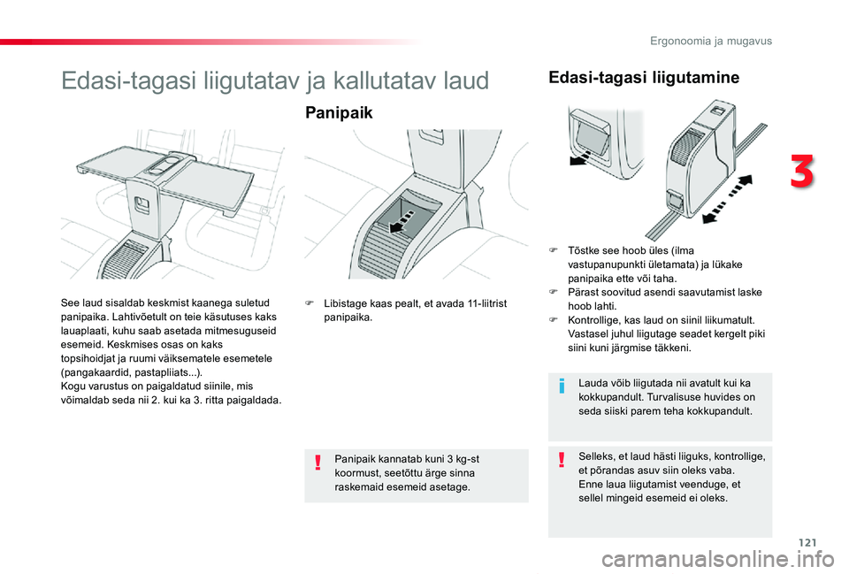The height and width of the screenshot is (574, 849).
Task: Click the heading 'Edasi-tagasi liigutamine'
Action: click(644, 78)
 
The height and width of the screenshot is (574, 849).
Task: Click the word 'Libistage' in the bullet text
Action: click(344, 303)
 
